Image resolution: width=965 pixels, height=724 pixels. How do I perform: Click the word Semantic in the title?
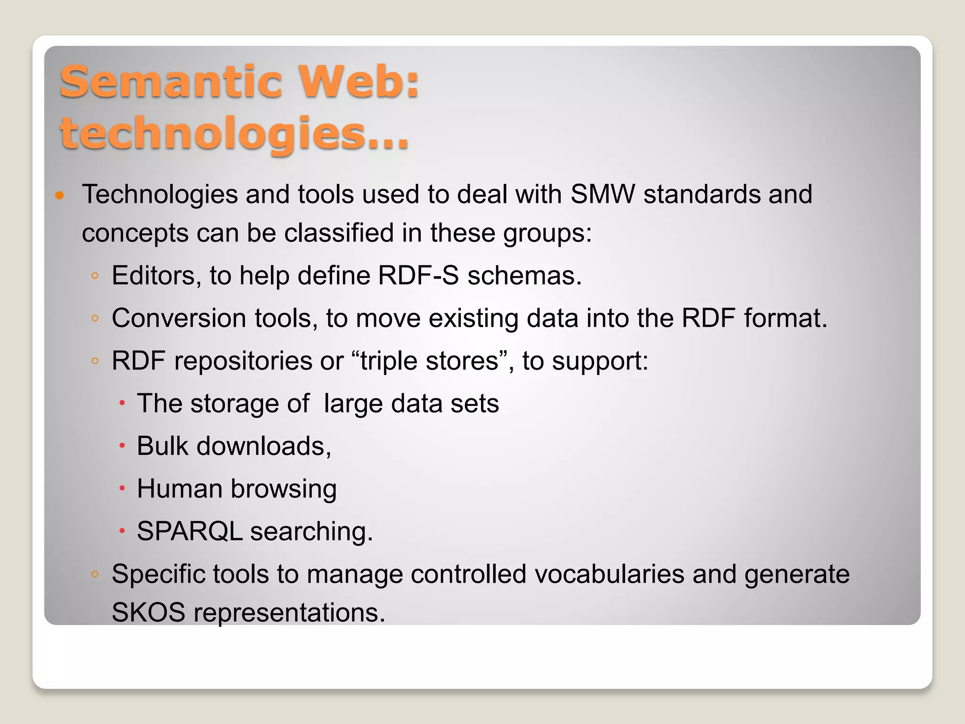point(171,82)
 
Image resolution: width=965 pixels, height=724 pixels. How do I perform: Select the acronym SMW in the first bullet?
point(603,194)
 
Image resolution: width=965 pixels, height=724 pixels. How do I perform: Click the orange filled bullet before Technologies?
point(59,195)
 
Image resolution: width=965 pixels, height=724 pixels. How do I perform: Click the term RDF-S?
point(418,275)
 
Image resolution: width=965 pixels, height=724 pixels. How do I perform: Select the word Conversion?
point(179,318)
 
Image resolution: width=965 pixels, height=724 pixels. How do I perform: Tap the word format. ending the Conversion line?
point(785,318)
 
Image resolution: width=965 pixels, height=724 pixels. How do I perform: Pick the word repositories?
point(243,361)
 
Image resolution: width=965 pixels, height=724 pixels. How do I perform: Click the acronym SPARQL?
point(189,531)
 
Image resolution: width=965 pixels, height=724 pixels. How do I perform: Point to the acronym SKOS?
point(148,612)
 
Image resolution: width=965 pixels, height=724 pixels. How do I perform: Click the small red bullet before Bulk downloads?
point(122,446)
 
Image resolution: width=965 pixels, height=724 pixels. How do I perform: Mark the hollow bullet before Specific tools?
point(95,574)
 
